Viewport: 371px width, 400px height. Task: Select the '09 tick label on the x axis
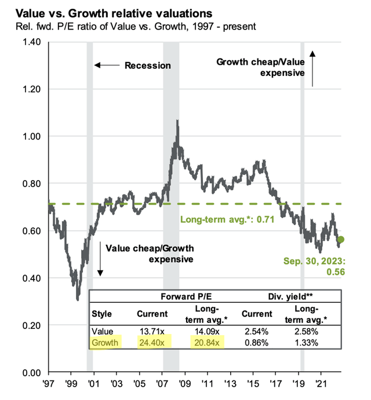click(184, 383)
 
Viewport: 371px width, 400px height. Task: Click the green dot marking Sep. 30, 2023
click(341, 240)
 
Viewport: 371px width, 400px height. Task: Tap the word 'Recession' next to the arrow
click(148, 65)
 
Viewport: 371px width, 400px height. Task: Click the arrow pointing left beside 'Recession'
click(106, 65)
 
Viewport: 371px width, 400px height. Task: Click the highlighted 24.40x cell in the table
click(151, 343)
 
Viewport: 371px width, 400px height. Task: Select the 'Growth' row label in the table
click(105, 343)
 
